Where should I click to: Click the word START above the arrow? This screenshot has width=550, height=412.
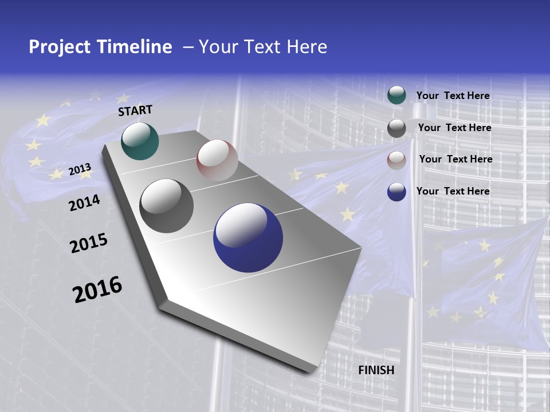click(x=135, y=110)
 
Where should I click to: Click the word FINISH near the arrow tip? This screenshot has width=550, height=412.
click(x=376, y=370)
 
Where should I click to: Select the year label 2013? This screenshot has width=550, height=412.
click(x=80, y=169)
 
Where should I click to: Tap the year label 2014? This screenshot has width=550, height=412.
click(x=84, y=203)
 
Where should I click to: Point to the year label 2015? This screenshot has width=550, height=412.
click(x=89, y=243)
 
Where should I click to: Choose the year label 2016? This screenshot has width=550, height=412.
click(x=97, y=289)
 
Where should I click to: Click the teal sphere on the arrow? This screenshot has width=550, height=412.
click(x=140, y=141)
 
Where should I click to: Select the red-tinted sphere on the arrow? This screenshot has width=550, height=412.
click(x=217, y=160)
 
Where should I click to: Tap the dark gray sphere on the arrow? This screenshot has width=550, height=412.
click(x=166, y=206)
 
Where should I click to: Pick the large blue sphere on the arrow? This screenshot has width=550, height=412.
click(x=248, y=238)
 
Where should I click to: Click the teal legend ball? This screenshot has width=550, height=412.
click(x=396, y=96)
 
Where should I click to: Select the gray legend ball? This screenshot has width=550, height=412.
click(x=396, y=128)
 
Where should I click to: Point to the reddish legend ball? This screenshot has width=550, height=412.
click(x=396, y=160)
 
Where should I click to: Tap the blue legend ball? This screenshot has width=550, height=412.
click(x=396, y=192)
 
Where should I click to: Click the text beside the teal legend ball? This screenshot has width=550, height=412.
click(x=453, y=96)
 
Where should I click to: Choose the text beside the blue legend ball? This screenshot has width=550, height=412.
click(x=453, y=191)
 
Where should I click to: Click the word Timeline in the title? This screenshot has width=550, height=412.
click(x=135, y=47)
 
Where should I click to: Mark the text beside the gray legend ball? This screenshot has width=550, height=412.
click(x=454, y=128)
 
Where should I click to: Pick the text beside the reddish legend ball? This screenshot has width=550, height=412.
click(x=455, y=159)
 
